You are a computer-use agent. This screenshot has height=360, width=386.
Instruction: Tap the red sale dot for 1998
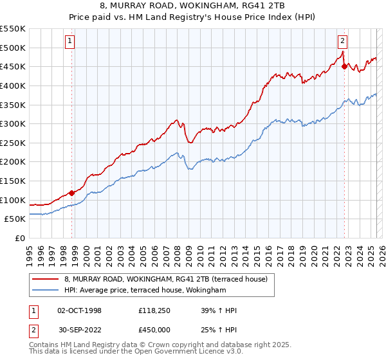[x=72, y=192]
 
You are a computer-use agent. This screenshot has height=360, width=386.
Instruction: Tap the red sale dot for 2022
[x=345, y=66]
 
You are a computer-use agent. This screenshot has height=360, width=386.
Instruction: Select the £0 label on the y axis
[x=20, y=238]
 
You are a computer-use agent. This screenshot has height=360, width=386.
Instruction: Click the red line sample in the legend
[x=46, y=279]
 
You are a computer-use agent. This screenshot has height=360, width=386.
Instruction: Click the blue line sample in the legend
[x=46, y=291]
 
